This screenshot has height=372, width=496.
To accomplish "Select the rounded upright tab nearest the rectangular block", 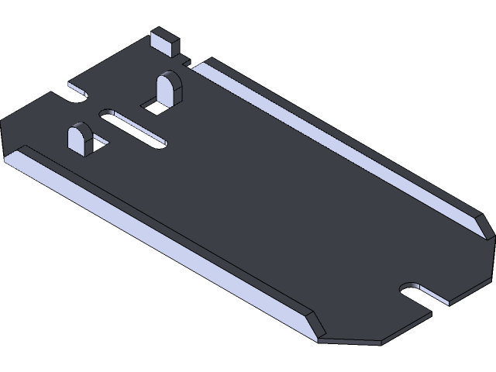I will click(x=168, y=88).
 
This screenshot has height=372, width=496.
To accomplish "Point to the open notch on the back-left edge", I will click(x=78, y=91).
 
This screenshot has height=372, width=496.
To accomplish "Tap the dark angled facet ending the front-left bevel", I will click(x=315, y=326).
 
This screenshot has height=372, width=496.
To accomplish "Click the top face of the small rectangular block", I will click(x=164, y=34).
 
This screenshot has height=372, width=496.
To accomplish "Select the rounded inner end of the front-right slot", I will click(x=405, y=291).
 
